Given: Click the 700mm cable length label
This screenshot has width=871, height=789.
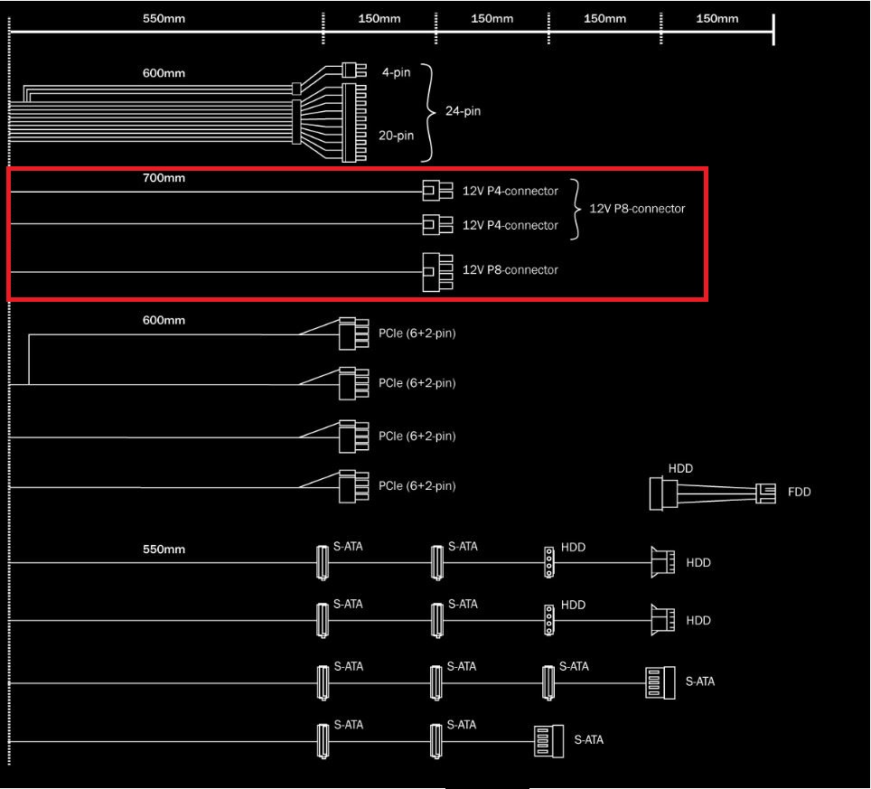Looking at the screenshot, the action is (x=164, y=178).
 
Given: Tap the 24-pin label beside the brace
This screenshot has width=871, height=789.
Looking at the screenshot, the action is (x=463, y=111).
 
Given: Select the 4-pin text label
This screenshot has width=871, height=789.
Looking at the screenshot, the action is (x=396, y=72).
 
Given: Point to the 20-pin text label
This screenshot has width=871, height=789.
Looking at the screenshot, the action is (x=396, y=136).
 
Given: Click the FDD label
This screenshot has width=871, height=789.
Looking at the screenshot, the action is (x=800, y=492).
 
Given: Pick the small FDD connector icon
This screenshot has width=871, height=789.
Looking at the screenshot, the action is (x=765, y=493).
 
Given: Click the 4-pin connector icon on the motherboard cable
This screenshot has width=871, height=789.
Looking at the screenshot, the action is (x=354, y=70).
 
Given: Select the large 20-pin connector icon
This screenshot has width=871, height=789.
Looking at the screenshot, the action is (x=354, y=122).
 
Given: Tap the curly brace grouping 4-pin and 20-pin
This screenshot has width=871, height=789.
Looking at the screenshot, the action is (x=427, y=113).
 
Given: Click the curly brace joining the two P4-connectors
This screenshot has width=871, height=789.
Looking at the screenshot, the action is (x=576, y=209).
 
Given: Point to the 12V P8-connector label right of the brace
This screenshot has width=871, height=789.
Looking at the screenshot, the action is (x=637, y=209).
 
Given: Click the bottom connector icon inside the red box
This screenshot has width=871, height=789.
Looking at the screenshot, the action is (x=437, y=272).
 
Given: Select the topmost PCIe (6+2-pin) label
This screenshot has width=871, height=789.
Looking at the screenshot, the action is (x=417, y=333).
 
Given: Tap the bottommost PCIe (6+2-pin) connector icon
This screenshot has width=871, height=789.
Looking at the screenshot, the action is (x=354, y=486).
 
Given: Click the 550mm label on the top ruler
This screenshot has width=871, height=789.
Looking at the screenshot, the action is (x=164, y=18).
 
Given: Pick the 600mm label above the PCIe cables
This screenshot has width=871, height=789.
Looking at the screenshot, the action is (x=164, y=320).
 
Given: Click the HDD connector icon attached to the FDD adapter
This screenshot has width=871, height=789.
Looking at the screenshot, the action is (x=663, y=493).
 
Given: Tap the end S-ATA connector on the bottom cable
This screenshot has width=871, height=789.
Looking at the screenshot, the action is (x=548, y=741).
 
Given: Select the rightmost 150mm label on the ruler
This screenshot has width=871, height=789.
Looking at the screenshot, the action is (x=717, y=18).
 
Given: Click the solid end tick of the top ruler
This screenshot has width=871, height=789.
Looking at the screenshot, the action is (x=773, y=30).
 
